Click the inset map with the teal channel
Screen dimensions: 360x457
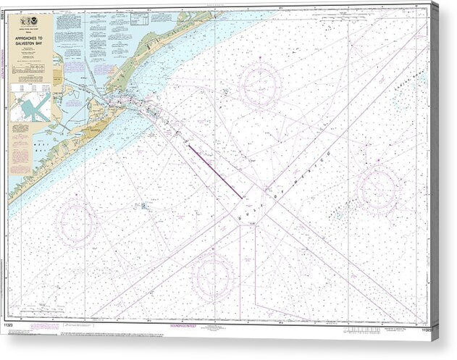click(30, 106)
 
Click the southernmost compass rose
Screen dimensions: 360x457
click(211, 277)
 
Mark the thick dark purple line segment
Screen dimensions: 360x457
click(215, 170)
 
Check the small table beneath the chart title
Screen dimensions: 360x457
click(30, 86)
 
